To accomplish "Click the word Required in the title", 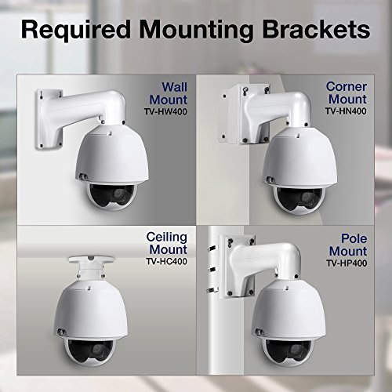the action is pyautogui.click(x=76, y=30).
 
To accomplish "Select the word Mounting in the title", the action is pyautogui.click(x=196, y=31).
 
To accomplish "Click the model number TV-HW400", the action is pyautogui.click(x=165, y=112).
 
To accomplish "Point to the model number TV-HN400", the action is pyautogui.click(x=346, y=111).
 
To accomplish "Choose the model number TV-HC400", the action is pyautogui.click(x=167, y=261).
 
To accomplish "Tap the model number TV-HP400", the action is pyautogui.click(x=347, y=263).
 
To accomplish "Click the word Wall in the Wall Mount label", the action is pyautogui.click(x=175, y=87).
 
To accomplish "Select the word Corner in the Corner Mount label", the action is pyautogui.click(x=347, y=86).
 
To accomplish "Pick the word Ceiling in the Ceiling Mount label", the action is pyautogui.click(x=167, y=238).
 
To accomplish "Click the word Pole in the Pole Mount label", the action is pyautogui.click(x=354, y=238).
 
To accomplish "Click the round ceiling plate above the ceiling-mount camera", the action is pyautogui.click(x=91, y=260).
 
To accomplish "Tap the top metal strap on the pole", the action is pyautogui.click(x=213, y=249).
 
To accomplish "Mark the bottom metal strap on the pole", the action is pyautogui.click(x=212, y=289).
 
